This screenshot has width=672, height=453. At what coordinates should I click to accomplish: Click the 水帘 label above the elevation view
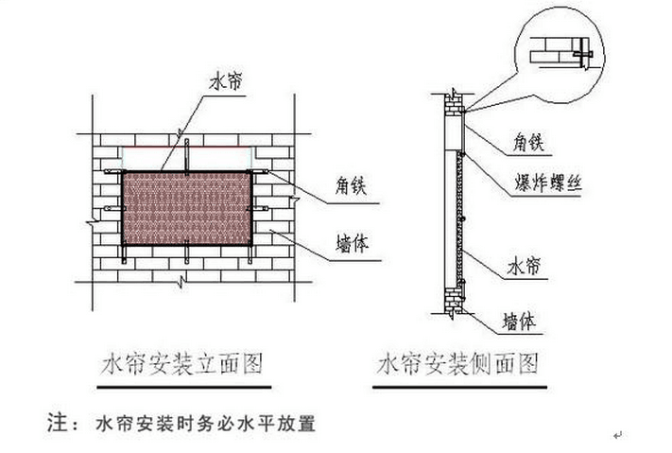[x=228, y=82]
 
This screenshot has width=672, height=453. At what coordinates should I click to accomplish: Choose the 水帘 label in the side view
[x=524, y=269]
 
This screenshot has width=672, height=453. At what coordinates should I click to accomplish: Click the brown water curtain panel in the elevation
[x=185, y=208]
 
